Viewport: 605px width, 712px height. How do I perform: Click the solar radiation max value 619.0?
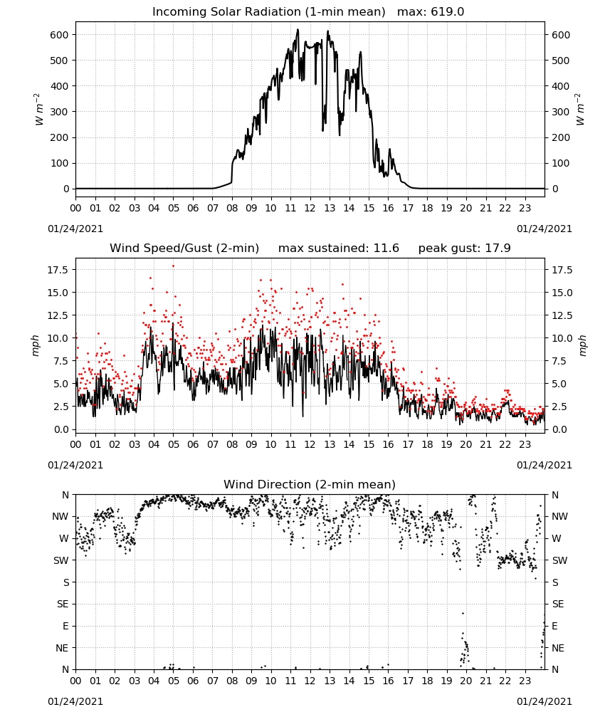[x=447, y=12]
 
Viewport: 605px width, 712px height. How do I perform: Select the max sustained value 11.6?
[x=386, y=248]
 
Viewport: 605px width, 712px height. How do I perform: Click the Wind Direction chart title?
[x=310, y=484]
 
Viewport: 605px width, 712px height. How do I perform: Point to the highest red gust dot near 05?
[x=173, y=266]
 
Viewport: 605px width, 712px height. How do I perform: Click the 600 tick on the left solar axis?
[x=60, y=35]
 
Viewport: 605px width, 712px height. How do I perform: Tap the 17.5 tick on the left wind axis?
[x=57, y=270]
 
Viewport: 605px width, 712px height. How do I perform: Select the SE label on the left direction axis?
[x=63, y=604]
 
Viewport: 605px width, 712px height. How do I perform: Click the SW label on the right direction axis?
[x=559, y=560]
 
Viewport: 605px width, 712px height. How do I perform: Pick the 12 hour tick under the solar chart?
[x=310, y=209]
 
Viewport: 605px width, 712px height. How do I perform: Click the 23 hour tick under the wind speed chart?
[x=525, y=444]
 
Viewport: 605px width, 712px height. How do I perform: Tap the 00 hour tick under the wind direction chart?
[x=75, y=681]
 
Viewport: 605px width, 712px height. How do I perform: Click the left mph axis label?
[x=36, y=345]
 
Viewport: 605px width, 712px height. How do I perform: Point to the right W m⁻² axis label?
[x=580, y=110]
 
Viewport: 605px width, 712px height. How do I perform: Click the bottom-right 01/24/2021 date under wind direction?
[x=544, y=701]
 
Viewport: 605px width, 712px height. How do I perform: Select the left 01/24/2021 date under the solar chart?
[x=75, y=229]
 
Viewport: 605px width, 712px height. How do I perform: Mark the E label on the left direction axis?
[x=65, y=626]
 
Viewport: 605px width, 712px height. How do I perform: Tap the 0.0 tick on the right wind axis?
[x=559, y=429]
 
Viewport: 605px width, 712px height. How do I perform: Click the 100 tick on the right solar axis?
[x=561, y=163]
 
